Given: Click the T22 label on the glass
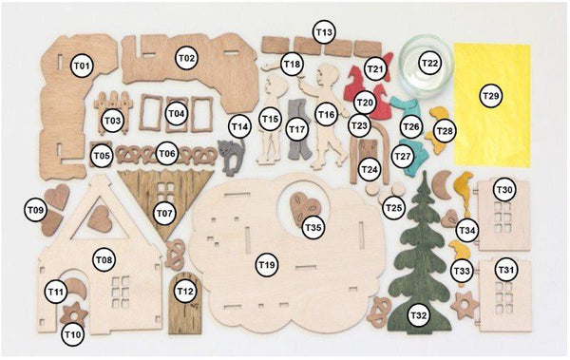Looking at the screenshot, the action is click(x=430, y=63).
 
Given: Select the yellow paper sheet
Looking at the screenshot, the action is click(x=492, y=104).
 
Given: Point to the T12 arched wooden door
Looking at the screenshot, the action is click(x=185, y=304).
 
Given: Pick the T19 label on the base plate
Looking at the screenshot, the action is click(x=267, y=265).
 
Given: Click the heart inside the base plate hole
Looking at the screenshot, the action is click(x=305, y=208).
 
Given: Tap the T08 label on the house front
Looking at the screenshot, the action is click(x=104, y=260).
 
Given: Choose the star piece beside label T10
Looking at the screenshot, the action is click(x=74, y=315).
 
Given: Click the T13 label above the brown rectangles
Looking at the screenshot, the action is click(x=324, y=32).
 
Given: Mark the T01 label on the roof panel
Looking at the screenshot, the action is click(x=82, y=66).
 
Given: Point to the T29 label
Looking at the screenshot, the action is click(x=491, y=96).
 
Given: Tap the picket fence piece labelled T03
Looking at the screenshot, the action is click(x=112, y=111).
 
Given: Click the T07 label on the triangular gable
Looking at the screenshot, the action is click(x=164, y=213).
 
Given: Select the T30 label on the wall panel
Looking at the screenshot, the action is click(x=505, y=189).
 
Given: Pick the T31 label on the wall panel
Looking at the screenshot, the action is click(x=505, y=270).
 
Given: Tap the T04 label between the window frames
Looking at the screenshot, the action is click(x=177, y=113).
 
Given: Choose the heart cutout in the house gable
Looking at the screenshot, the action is click(x=100, y=218).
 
